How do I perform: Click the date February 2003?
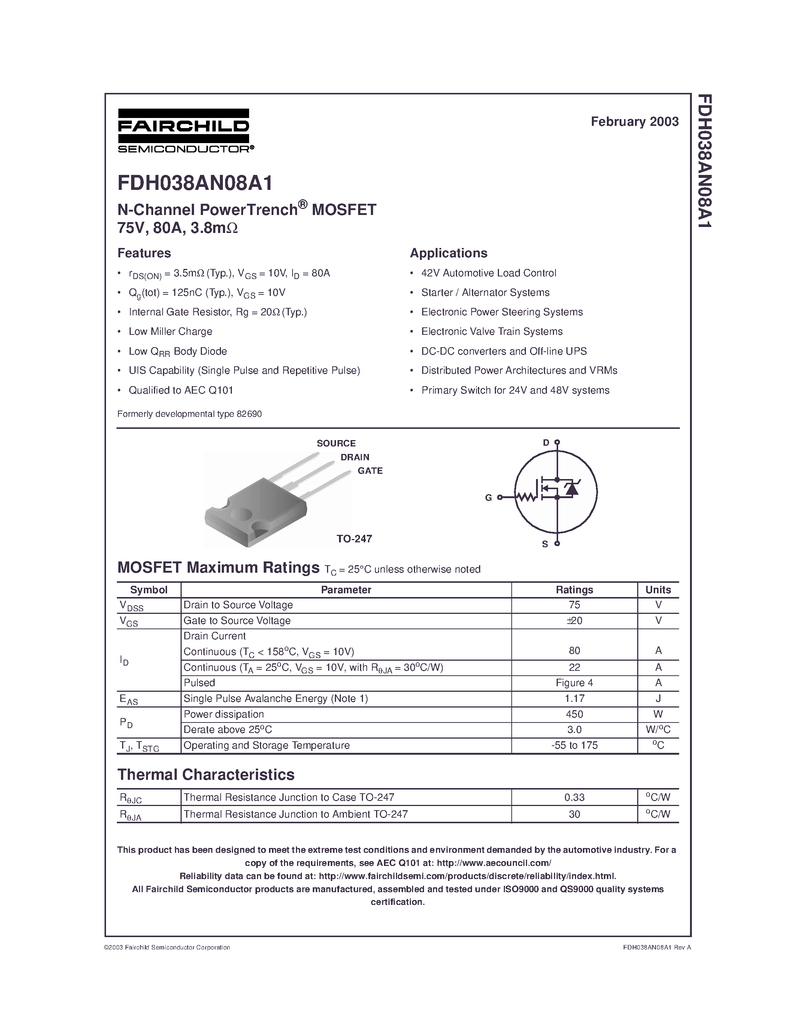[634, 122]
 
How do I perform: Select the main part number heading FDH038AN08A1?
[195, 184]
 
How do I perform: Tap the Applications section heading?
[448, 253]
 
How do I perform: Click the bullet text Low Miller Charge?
[170, 331]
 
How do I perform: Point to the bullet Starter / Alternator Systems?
[485, 293]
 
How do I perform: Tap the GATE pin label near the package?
[370, 471]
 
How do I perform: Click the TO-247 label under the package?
[354, 539]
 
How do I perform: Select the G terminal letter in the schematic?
[488, 497]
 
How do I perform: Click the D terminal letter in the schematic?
[546, 442]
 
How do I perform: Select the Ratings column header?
[574, 590]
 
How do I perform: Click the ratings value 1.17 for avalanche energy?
[574, 699]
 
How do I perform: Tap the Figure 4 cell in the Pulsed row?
[574, 682]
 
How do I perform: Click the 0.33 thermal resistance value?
[574, 797]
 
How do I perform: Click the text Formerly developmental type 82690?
[190, 414]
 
